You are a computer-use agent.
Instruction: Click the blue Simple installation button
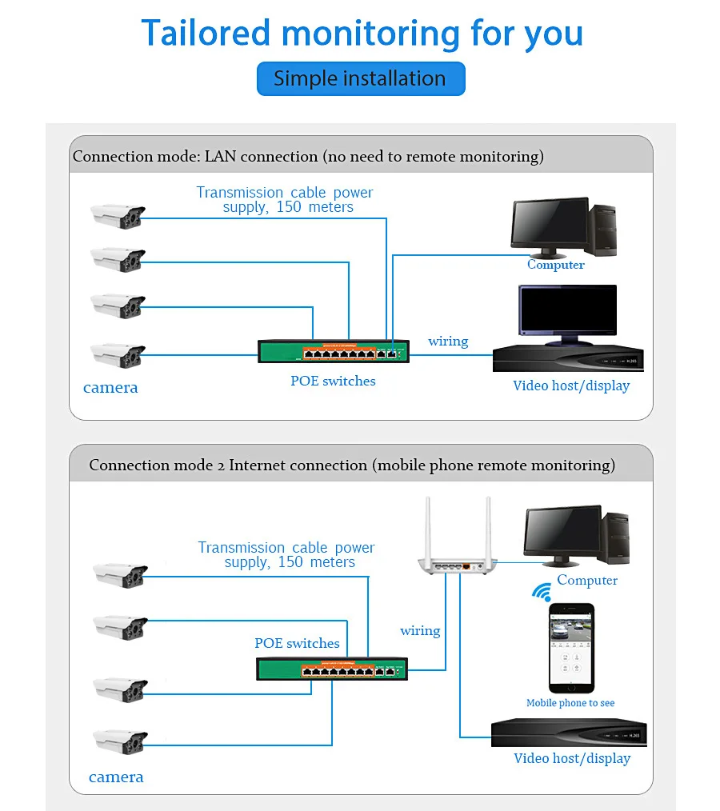(361, 78)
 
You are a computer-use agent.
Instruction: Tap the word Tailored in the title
(206, 33)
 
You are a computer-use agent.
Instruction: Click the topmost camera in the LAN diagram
(118, 216)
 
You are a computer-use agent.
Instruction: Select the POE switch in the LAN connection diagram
(334, 351)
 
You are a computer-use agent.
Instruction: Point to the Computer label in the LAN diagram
(555, 264)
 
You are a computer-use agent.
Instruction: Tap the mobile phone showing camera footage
(571, 648)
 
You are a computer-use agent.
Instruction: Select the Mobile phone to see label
(570, 703)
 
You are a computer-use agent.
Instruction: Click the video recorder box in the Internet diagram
(569, 733)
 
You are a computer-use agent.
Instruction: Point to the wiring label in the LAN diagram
(448, 342)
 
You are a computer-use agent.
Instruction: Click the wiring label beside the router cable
(420, 631)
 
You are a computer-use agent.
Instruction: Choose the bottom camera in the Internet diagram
(120, 741)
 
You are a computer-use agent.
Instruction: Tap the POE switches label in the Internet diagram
(297, 643)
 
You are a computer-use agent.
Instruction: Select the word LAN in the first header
(220, 156)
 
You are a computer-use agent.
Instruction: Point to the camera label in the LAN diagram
(110, 387)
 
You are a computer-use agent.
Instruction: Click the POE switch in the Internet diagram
(332, 669)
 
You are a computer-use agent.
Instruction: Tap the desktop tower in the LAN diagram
(602, 230)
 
